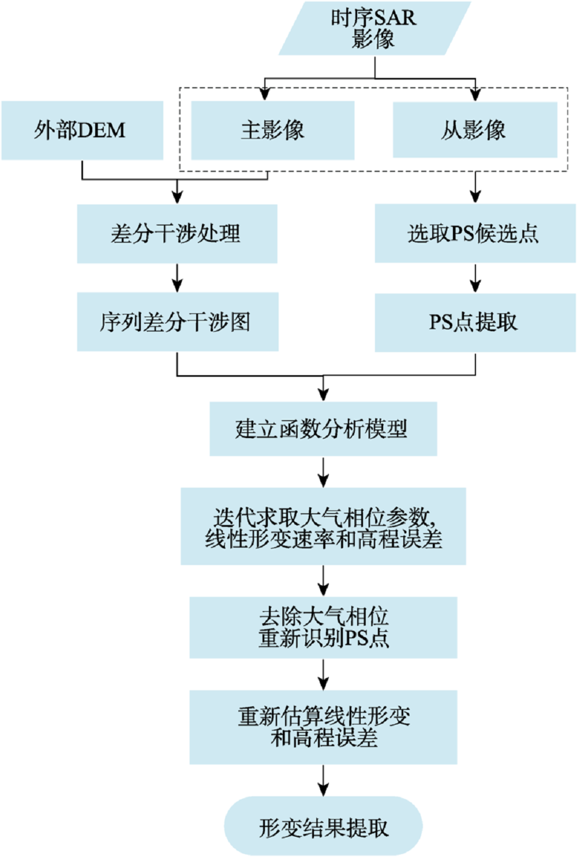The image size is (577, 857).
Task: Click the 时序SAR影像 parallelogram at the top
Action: pos(374,28)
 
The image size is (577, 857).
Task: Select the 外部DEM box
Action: pos(83,130)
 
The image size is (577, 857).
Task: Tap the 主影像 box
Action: pos(273,130)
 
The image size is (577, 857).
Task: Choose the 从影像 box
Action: pos(475,130)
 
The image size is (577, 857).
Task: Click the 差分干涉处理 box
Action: pos(177,234)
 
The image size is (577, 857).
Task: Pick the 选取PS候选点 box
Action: pos(475,233)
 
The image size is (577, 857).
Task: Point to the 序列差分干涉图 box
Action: pos(178,322)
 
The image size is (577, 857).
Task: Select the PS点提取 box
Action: pos(475,323)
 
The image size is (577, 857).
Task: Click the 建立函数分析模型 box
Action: pos(323,428)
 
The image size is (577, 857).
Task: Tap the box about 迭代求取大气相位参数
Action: pos(323,526)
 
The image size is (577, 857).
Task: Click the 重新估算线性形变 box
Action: pos(323,727)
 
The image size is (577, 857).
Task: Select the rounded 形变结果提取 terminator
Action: pos(323,826)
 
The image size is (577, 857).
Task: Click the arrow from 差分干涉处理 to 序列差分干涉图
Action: pos(177,278)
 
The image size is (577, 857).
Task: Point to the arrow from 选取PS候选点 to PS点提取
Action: pos(475,279)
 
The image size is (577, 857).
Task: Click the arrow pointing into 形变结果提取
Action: pos(324,780)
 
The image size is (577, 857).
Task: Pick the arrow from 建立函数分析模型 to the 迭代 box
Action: pos(324,472)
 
